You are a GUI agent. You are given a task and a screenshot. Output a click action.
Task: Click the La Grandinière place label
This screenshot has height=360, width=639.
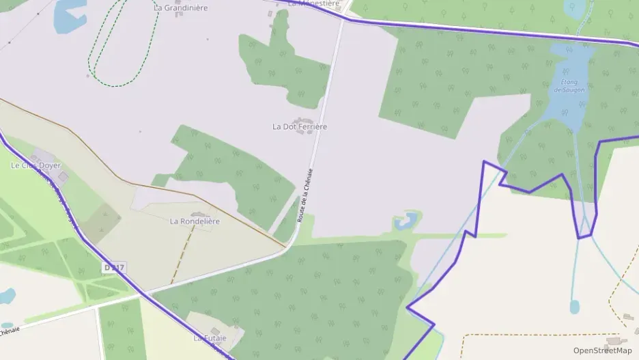[180, 8]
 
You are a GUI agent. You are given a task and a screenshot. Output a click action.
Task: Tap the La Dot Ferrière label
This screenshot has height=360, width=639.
[300, 126]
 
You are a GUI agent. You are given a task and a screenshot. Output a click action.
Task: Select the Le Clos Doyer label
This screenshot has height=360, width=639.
[35, 165]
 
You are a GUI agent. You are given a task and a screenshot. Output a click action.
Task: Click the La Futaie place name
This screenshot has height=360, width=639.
[209, 338]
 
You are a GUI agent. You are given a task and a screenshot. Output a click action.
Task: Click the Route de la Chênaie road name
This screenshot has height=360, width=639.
[304, 195]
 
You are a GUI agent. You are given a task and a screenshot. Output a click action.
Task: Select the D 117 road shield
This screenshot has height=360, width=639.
[115, 268]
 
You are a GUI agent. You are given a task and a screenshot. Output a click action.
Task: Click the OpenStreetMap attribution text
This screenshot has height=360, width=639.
[602, 350]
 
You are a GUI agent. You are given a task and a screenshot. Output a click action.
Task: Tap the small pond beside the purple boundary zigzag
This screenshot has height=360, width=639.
[406, 221]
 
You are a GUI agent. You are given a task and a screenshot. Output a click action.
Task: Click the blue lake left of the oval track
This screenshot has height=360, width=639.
[68, 15]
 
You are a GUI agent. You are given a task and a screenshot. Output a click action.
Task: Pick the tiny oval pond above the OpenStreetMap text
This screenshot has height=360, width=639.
[574, 307]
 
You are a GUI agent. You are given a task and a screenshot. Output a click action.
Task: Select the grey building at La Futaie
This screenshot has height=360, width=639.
[215, 331]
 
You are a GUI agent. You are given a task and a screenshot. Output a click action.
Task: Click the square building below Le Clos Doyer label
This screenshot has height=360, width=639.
[63, 177]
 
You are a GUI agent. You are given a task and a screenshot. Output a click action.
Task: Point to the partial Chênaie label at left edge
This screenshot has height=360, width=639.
[10, 331]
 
